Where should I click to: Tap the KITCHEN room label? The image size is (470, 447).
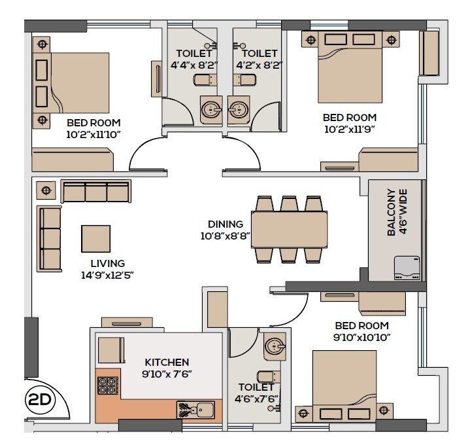click(x=167, y=362)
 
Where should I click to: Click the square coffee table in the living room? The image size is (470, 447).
click(x=96, y=238)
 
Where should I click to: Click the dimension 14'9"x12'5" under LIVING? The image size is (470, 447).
click(x=108, y=275)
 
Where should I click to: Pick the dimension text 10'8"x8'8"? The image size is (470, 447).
click(x=226, y=236)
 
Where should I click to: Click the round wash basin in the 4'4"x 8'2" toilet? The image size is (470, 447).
click(x=210, y=109)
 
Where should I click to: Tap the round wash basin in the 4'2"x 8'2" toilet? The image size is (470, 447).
click(x=239, y=109)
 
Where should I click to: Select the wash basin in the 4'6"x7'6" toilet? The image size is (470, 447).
click(x=275, y=347)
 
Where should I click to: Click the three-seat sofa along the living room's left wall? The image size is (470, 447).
click(x=50, y=238)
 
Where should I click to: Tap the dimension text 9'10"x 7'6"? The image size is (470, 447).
click(x=167, y=374)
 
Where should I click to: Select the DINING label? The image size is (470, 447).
click(x=226, y=224)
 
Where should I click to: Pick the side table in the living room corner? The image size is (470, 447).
click(x=45, y=190)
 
